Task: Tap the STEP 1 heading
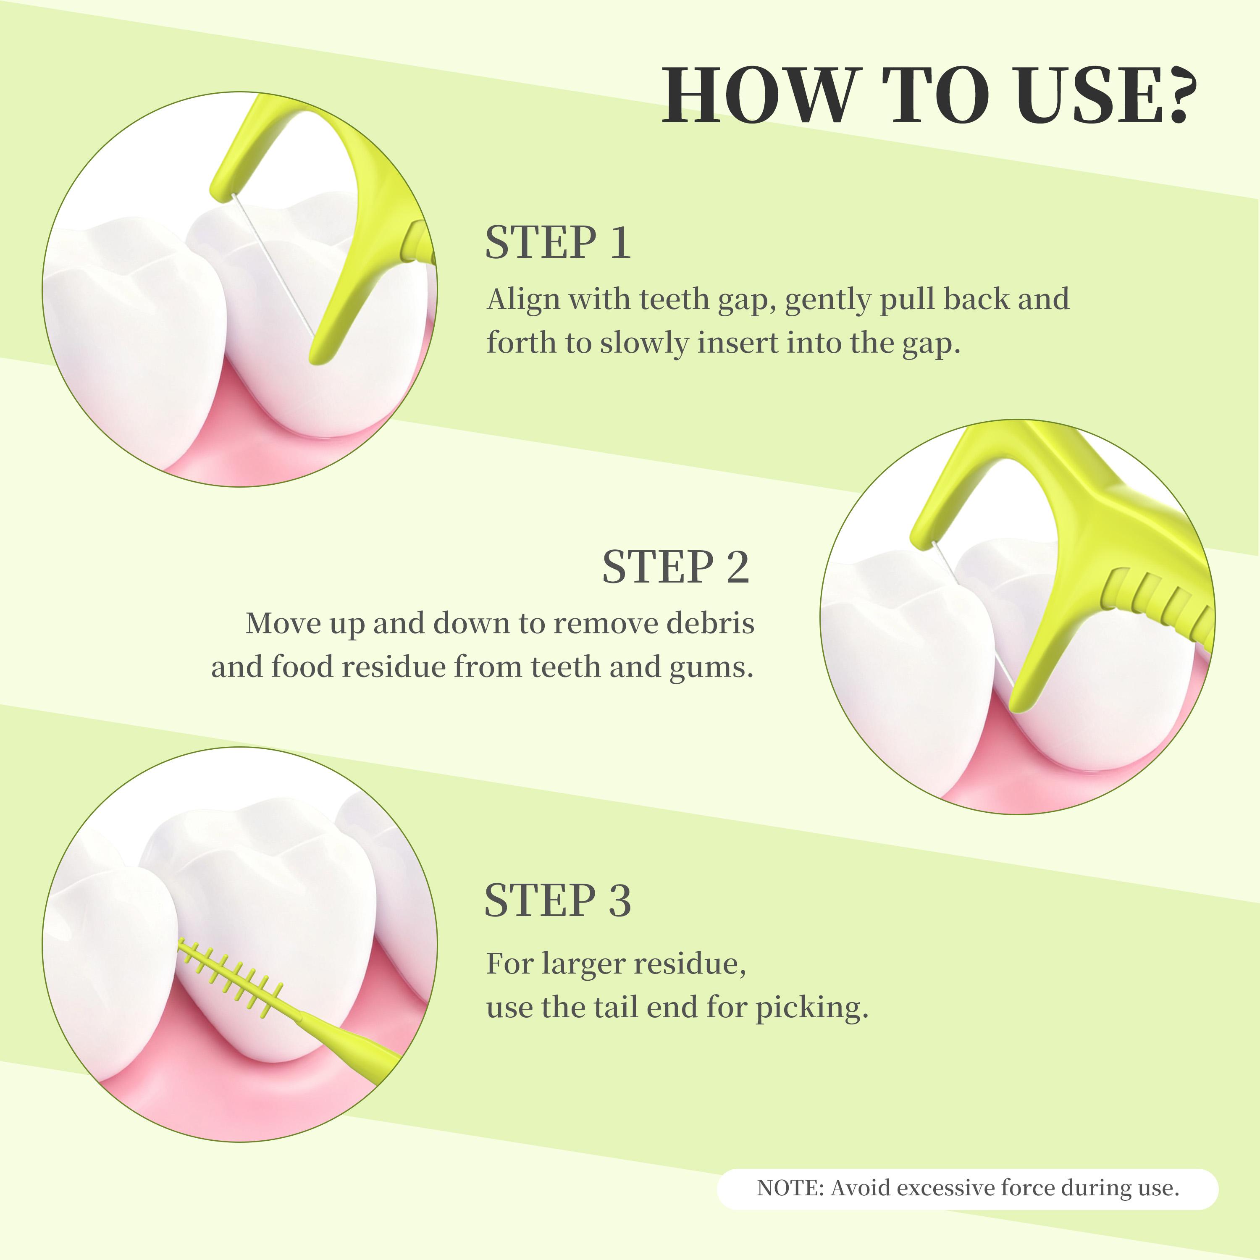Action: tap(558, 243)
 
